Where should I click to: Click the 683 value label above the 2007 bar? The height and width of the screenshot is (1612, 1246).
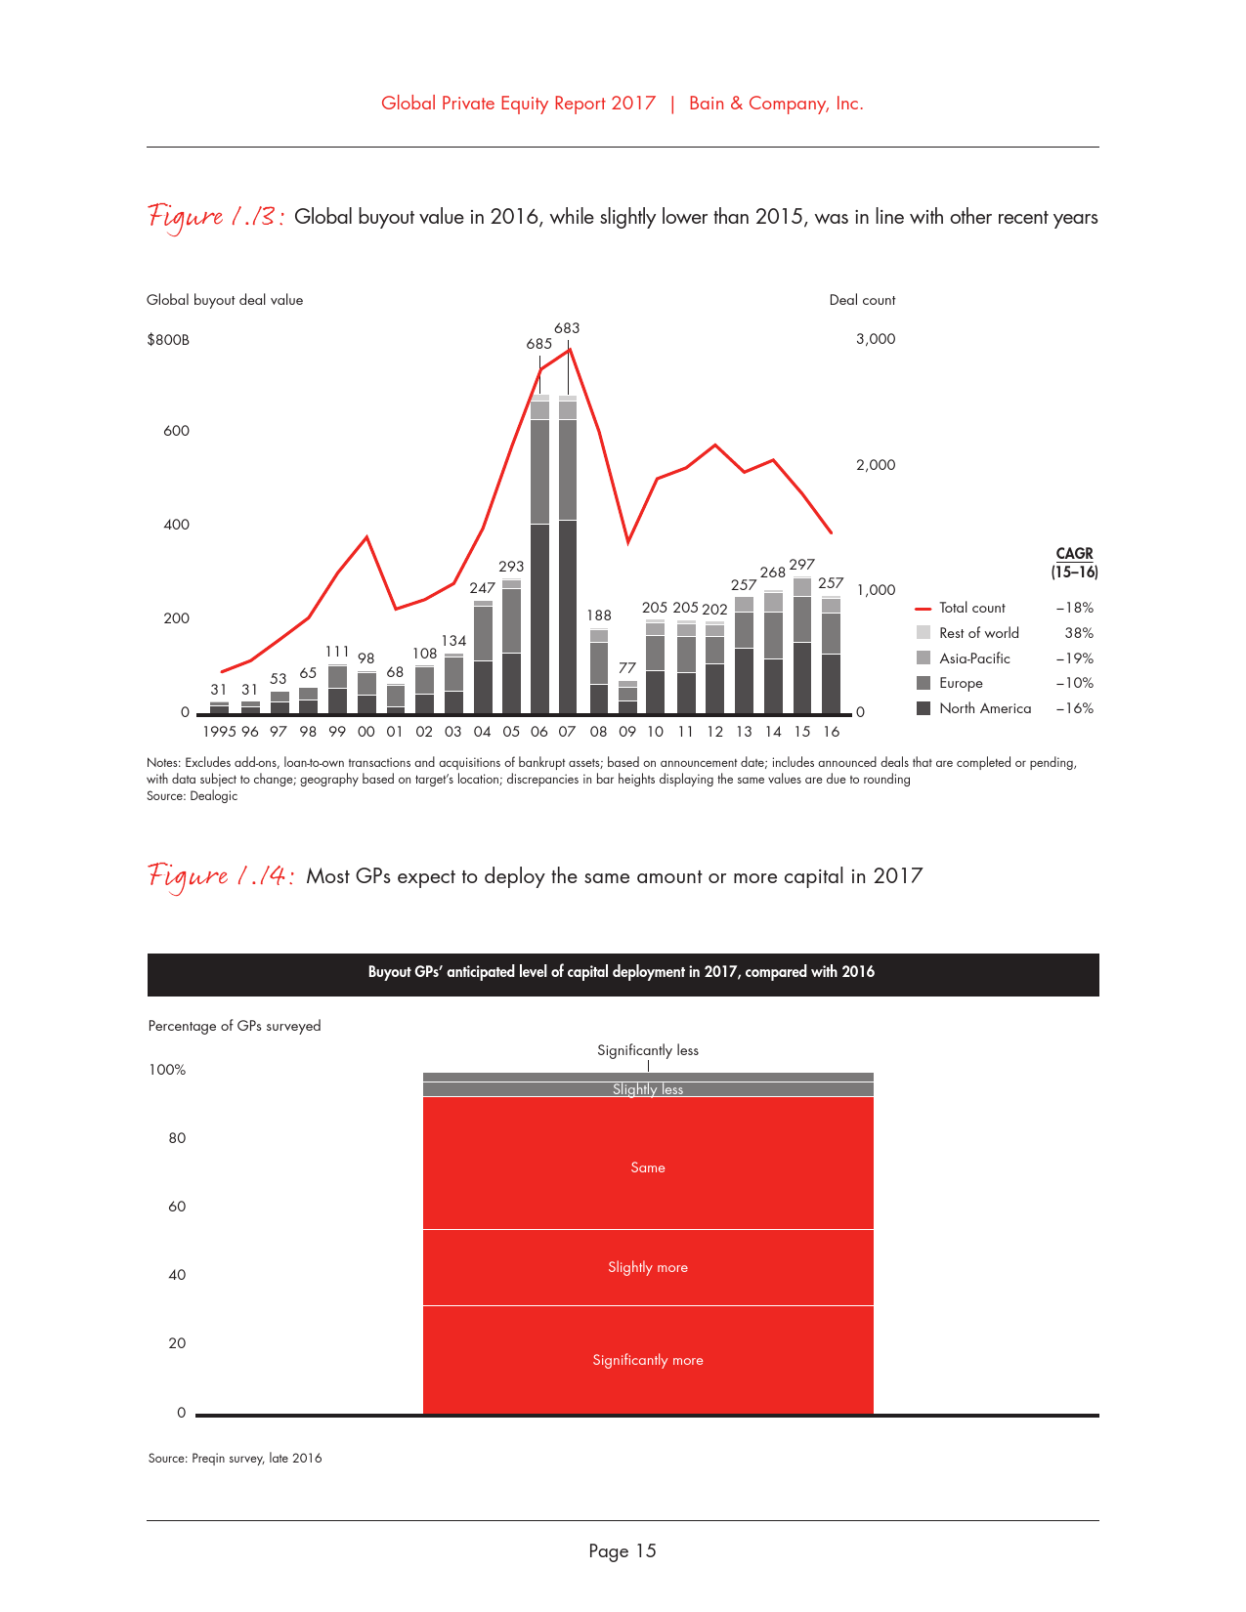click(x=567, y=328)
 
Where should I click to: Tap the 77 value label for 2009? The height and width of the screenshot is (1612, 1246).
click(x=627, y=668)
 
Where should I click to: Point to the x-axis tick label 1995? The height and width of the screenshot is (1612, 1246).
click(x=219, y=732)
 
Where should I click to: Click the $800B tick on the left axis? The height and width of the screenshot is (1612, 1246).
click(x=168, y=340)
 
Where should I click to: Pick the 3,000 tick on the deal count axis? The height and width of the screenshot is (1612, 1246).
click(x=876, y=339)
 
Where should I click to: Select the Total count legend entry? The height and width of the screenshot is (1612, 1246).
click(x=971, y=608)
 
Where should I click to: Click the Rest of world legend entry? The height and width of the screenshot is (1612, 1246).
click(x=978, y=633)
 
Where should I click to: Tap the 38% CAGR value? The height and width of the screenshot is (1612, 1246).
click(x=1079, y=633)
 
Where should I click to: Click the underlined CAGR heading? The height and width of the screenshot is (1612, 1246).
click(x=1074, y=554)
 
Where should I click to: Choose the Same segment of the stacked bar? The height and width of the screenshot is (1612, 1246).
click(x=648, y=1167)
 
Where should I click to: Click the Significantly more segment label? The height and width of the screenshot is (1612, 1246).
click(x=648, y=1360)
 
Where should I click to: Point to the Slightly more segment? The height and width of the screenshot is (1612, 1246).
click(x=648, y=1267)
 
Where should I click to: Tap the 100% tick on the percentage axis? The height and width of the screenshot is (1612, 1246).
click(x=167, y=1070)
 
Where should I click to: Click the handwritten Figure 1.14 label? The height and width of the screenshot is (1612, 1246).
click(x=220, y=875)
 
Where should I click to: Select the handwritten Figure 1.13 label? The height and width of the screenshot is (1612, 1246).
click(x=216, y=216)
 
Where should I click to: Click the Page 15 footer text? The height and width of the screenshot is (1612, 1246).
click(x=623, y=1550)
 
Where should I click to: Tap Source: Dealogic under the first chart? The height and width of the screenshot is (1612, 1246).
click(x=193, y=796)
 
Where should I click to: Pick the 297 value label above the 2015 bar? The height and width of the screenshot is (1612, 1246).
click(x=801, y=565)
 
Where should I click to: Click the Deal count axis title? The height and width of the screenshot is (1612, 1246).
click(x=862, y=300)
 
